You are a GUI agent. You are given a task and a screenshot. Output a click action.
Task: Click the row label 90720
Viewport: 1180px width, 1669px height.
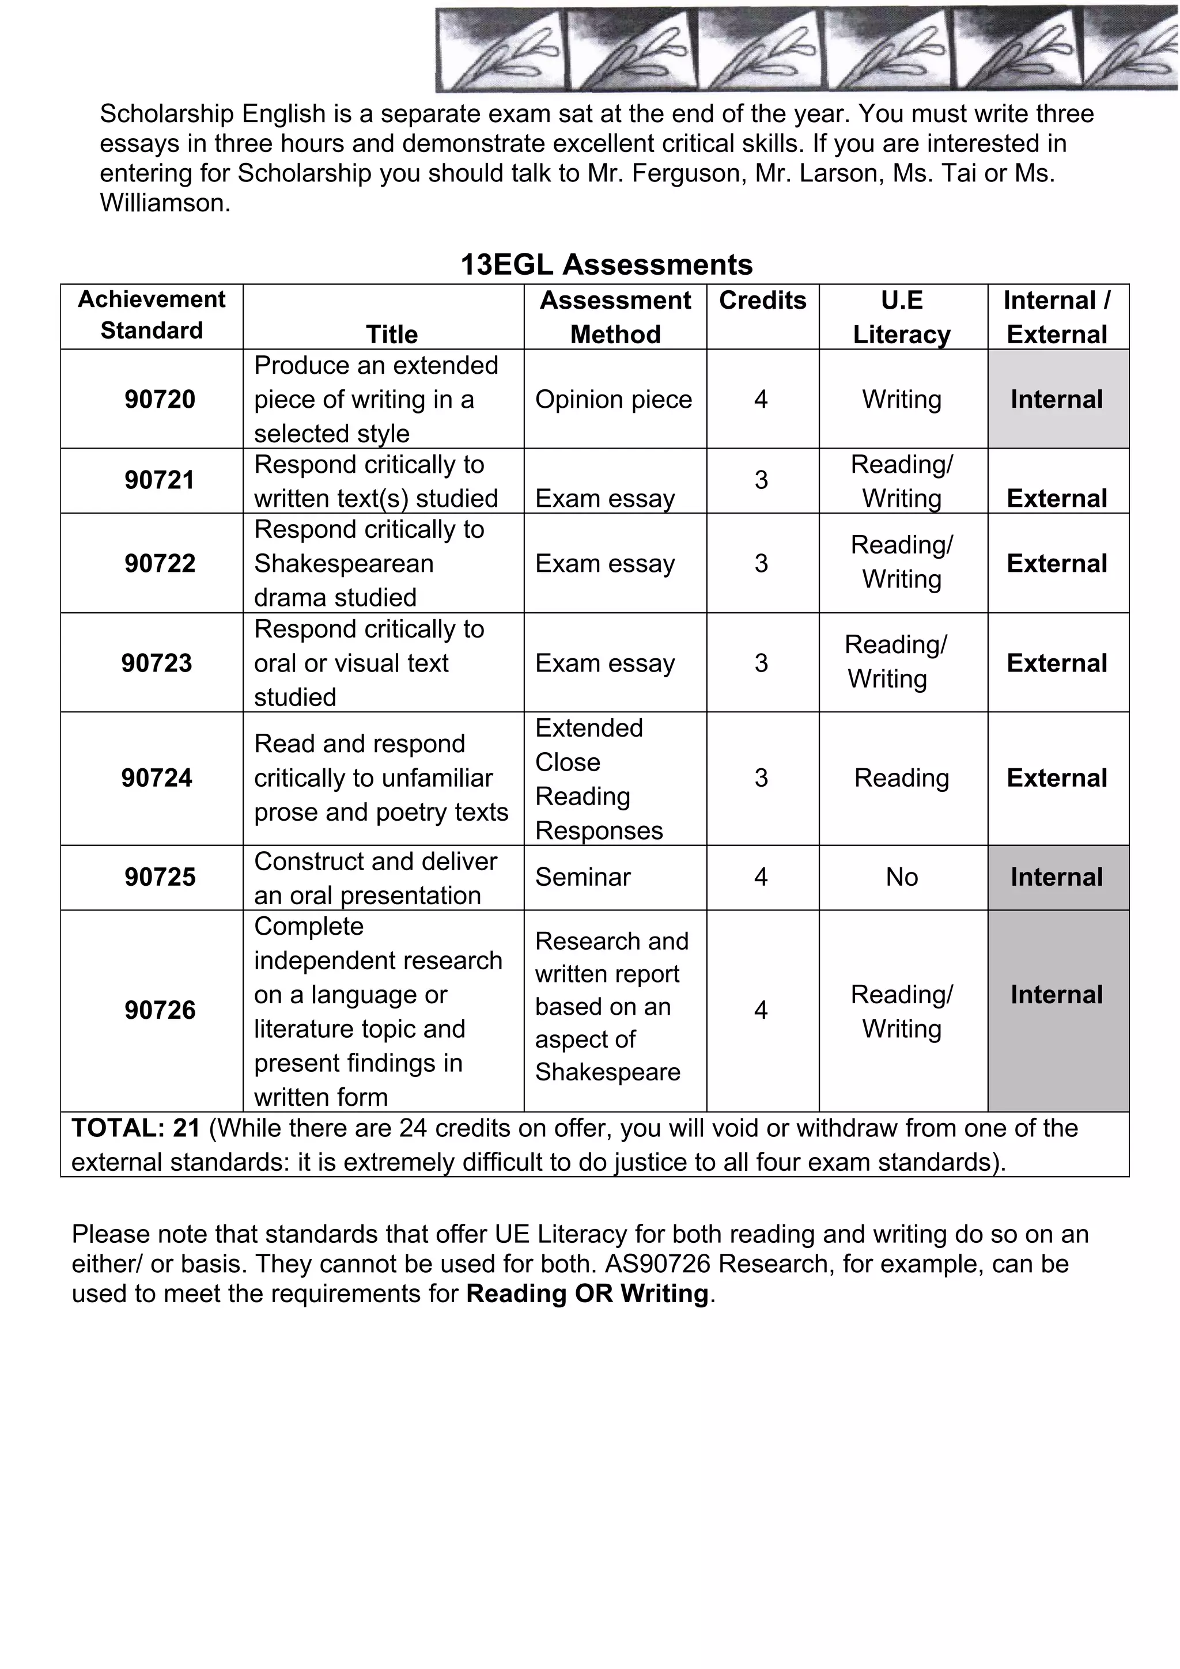[160, 399]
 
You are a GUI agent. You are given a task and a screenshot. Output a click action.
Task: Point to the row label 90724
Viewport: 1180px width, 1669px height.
[157, 778]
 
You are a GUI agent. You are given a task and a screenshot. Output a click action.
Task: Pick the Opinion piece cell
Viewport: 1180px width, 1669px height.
[614, 399]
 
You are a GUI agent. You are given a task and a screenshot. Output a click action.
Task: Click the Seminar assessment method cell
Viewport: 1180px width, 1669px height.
[583, 877]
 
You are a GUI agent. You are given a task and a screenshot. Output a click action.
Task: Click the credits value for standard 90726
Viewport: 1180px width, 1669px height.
[761, 1010]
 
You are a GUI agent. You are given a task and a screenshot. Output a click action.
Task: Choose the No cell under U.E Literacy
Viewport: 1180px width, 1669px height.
[902, 877]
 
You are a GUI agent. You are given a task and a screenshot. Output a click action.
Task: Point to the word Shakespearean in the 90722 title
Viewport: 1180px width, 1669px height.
[344, 563]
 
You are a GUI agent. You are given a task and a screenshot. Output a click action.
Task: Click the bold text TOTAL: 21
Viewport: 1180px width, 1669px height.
[136, 1128]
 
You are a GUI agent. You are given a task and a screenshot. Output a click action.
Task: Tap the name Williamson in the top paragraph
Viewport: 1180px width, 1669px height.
[164, 203]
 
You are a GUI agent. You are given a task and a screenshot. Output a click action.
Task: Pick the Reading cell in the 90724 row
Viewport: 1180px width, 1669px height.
[902, 778]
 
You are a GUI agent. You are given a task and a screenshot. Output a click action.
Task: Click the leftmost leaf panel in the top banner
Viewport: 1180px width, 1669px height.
[500, 50]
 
